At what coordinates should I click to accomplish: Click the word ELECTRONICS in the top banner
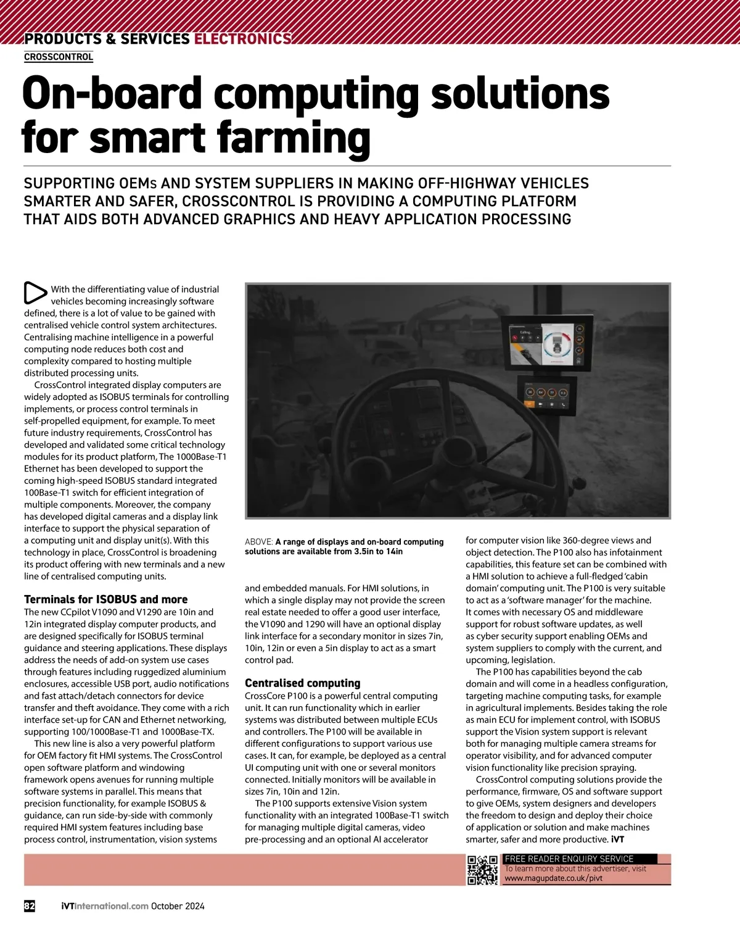pyautogui.click(x=242, y=39)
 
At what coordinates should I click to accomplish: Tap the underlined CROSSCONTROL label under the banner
pyautogui.click(x=59, y=57)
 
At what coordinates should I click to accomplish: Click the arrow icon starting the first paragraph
pyautogui.click(x=35, y=293)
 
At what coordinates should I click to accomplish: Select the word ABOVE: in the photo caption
pyautogui.click(x=258, y=542)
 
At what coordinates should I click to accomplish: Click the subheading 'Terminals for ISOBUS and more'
pyautogui.click(x=105, y=599)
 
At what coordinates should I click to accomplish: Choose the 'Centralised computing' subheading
pyautogui.click(x=302, y=683)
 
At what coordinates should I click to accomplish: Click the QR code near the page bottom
pyautogui.click(x=482, y=870)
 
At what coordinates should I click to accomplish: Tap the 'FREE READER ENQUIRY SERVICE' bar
pyautogui.click(x=569, y=859)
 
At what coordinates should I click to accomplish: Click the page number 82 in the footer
pyautogui.click(x=30, y=906)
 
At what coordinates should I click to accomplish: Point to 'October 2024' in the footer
pyautogui.click(x=178, y=906)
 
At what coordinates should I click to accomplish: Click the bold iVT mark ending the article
pyautogui.click(x=617, y=839)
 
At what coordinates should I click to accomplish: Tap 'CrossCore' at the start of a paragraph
pyautogui.click(x=265, y=696)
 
